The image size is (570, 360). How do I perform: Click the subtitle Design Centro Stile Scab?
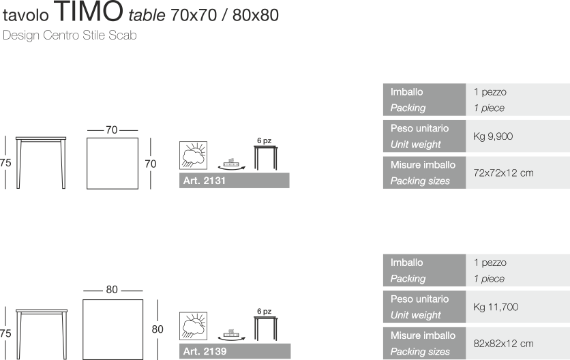click(70, 36)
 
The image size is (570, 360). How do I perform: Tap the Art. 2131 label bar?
click(235, 181)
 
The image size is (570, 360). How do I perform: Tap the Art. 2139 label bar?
click(235, 352)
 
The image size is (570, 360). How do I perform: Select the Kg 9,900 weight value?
click(493, 136)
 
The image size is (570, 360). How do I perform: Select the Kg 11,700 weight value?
click(496, 307)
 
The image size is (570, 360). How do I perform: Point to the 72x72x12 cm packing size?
click(503, 173)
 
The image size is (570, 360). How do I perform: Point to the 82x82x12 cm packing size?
click(503, 344)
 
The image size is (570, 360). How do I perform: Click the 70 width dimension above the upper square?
click(112, 130)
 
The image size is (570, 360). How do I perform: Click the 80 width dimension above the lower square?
click(112, 290)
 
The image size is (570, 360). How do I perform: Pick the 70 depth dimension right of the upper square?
click(150, 164)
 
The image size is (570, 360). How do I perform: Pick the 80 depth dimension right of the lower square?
click(157, 329)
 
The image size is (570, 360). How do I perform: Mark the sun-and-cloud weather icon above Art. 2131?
click(193, 155)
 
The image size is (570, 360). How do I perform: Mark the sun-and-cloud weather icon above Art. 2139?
click(193, 326)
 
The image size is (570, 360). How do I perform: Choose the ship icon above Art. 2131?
click(232, 164)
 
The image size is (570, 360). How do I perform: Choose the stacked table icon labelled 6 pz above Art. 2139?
click(265, 326)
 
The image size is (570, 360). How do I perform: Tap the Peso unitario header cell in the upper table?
click(424, 136)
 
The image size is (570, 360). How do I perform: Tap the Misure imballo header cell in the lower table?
click(424, 344)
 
